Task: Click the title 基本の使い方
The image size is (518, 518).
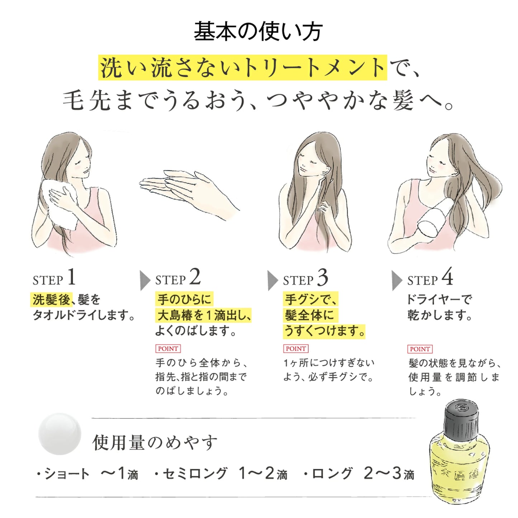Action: [258, 32]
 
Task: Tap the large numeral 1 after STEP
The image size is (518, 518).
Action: [71, 277]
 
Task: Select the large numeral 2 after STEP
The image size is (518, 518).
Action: [195, 277]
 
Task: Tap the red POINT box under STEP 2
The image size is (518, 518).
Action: [168, 349]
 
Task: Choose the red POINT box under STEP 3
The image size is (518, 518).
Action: [296, 349]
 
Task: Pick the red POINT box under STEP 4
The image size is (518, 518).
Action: [420, 349]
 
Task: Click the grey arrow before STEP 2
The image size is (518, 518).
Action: [145, 281]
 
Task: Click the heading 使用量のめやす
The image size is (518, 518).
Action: [155, 443]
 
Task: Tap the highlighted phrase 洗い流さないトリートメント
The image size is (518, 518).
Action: [242, 68]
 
